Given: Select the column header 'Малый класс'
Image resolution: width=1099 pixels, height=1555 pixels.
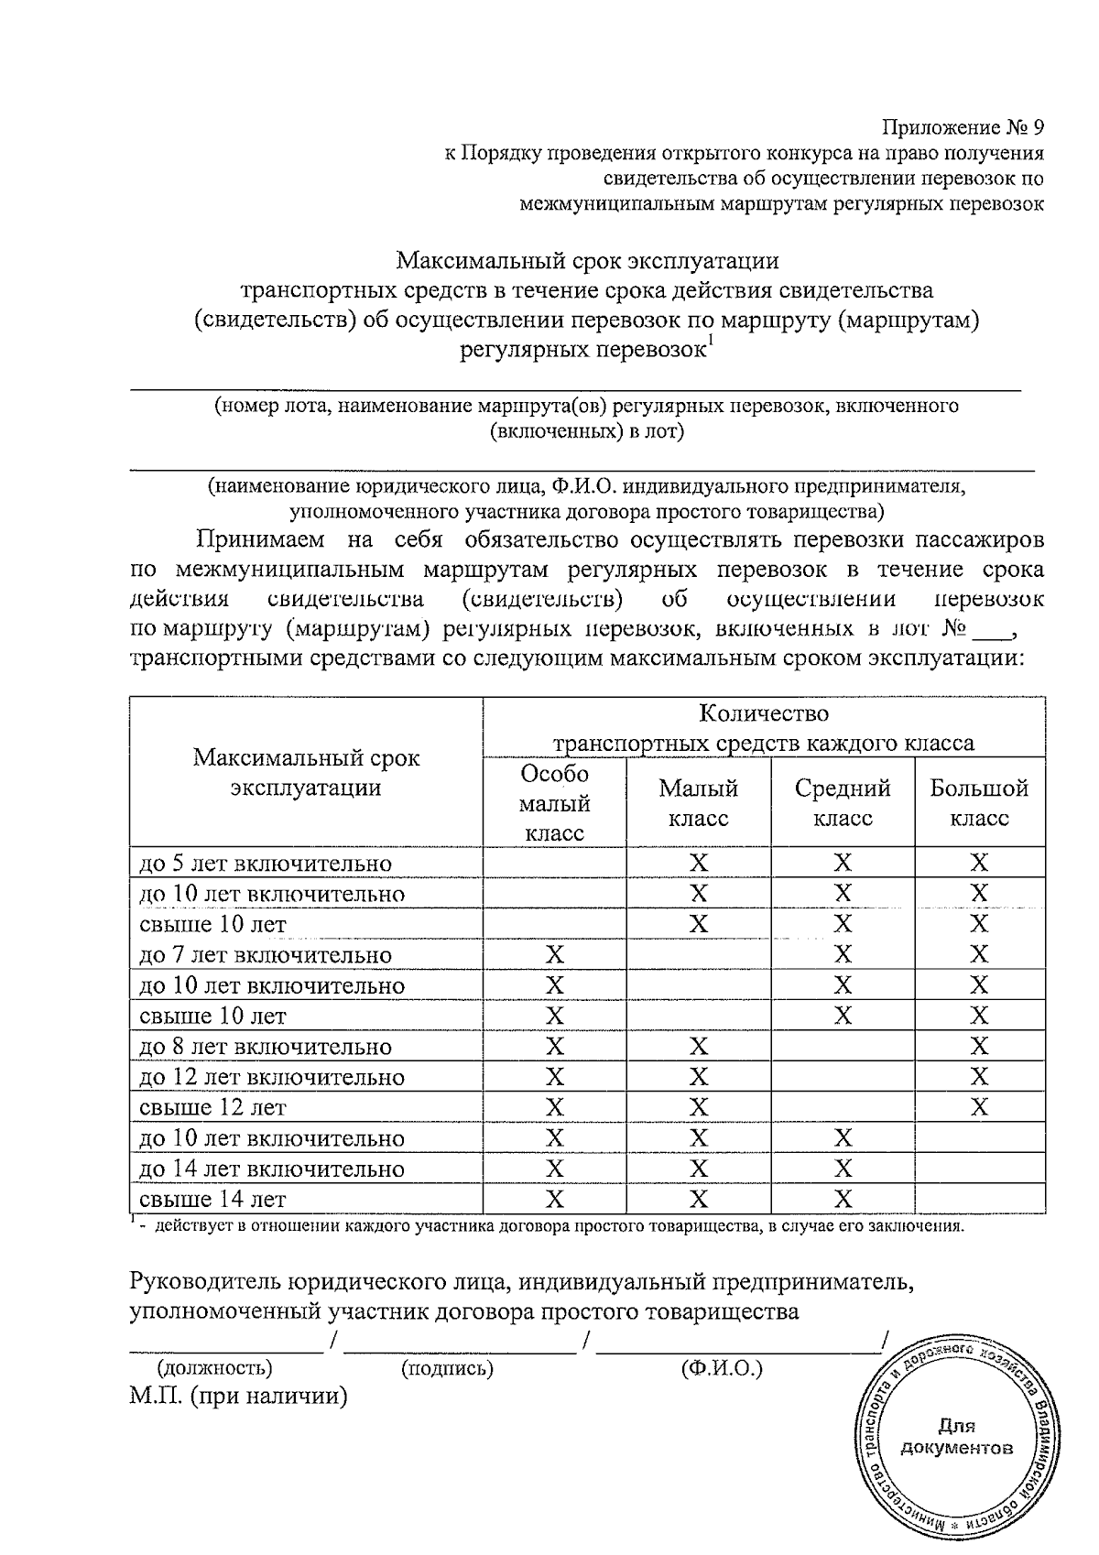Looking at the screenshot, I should click(x=698, y=802).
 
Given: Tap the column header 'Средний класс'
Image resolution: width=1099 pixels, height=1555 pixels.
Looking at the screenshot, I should click(x=842, y=802).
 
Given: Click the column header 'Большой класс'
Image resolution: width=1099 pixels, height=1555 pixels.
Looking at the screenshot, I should click(x=979, y=802).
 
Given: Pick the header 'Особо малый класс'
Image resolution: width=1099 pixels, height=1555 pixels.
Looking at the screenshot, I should click(x=554, y=802).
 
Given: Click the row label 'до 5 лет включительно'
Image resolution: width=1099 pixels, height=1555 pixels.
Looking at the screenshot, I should click(x=265, y=864).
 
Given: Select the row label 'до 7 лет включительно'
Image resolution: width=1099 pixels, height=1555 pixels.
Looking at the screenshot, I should click(x=265, y=955).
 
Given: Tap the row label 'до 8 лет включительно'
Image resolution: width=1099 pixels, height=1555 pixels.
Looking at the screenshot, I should click(x=265, y=1047).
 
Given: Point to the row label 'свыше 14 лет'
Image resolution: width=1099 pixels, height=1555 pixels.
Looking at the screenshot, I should click(x=212, y=1199).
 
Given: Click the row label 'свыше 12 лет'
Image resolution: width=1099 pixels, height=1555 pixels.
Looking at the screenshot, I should click(x=212, y=1107).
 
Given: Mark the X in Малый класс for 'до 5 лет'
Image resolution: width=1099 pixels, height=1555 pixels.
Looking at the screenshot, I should click(x=698, y=863).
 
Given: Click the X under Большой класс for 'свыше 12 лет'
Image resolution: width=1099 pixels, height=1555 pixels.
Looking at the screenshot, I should click(x=979, y=1107).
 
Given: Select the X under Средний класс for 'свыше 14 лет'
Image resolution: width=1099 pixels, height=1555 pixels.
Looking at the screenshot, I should click(x=843, y=1199).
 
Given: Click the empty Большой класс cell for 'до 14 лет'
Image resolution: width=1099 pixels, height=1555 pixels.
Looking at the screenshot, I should click(x=979, y=1169).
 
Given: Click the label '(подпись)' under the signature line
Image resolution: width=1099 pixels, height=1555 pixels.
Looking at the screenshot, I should click(x=447, y=1369).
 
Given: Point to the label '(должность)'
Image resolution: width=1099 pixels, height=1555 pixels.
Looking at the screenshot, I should click(x=215, y=1369).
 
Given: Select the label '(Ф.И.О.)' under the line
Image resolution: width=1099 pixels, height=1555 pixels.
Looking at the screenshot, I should click(x=721, y=1369).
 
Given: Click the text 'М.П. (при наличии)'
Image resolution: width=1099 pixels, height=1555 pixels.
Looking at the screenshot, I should click(x=239, y=1397).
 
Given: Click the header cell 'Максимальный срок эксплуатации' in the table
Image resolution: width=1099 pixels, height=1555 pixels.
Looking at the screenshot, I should click(x=306, y=772).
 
